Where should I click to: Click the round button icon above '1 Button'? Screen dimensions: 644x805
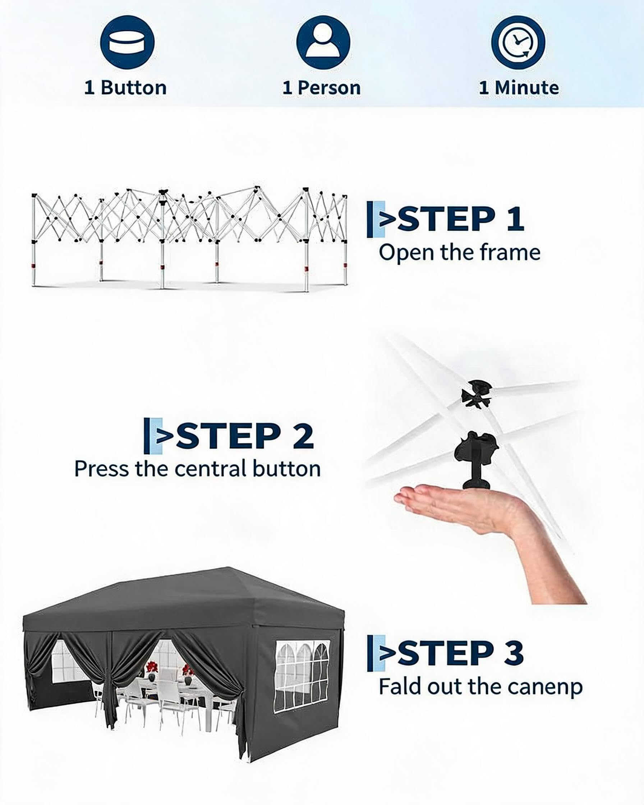click(127, 42)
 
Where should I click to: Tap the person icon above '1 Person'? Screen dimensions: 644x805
click(323, 42)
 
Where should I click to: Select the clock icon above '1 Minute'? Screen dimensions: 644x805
click(518, 42)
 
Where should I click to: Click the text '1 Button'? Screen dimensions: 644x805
click(125, 88)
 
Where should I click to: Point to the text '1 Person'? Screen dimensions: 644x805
click(322, 88)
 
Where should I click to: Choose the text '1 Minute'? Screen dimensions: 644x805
click(519, 88)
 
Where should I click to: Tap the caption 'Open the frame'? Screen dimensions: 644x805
click(460, 252)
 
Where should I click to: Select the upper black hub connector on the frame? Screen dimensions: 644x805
click(476, 394)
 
